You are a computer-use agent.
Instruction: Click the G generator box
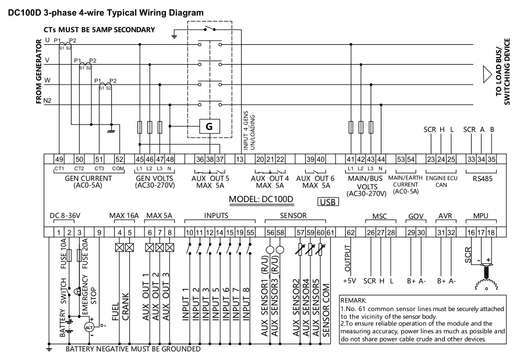pos(208,125)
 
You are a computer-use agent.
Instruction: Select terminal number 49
pos(59,159)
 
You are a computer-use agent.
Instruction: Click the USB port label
pos(327,203)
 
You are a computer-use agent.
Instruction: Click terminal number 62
pos(350,232)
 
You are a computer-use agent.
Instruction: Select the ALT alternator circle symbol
pos(89,327)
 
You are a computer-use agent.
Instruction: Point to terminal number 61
pos(330,232)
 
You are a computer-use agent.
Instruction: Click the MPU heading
pos(481,216)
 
